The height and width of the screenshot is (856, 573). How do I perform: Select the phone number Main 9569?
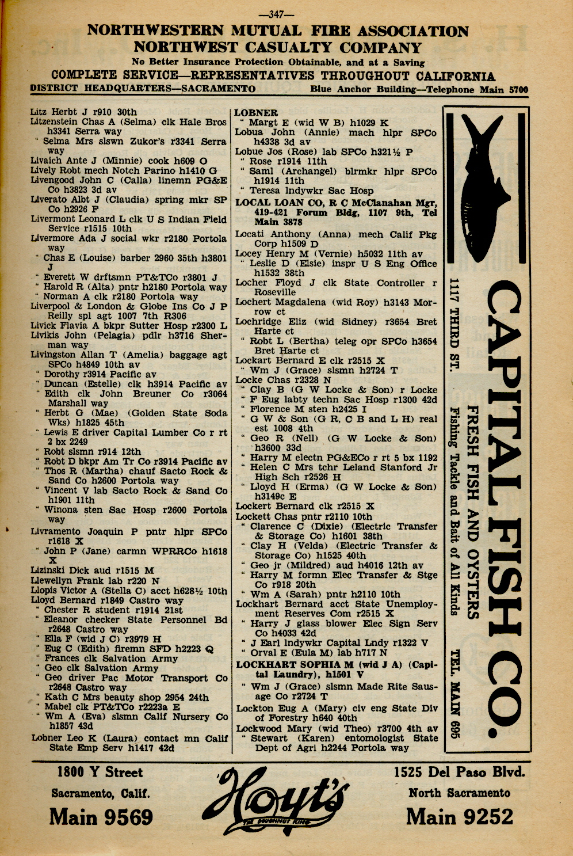coord(101,817)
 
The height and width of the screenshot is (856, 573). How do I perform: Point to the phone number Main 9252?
coord(460,816)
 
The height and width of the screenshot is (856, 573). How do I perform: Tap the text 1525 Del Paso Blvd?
coord(459,773)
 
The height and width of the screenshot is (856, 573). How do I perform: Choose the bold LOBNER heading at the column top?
coord(256,113)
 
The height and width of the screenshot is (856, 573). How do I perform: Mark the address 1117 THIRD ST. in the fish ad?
coord(454,325)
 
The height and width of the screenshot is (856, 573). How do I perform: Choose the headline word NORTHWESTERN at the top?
coord(156,31)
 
